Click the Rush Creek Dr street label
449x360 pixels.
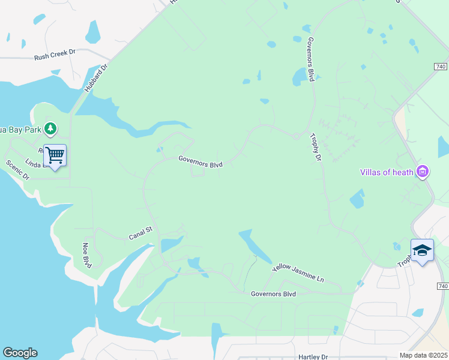click(55, 52)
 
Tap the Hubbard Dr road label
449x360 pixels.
click(95, 78)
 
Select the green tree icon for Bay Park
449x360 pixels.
click(51, 128)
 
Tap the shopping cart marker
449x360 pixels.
click(55, 156)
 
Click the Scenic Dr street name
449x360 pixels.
click(17, 170)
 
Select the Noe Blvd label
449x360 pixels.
click(88, 256)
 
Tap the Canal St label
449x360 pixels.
click(142, 233)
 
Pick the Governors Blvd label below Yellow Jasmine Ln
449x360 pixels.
click(274, 294)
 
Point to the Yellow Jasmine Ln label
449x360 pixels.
click(298, 274)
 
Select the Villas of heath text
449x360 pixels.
click(387, 172)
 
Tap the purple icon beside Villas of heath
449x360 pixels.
click(423, 172)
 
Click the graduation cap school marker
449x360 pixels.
click(422, 251)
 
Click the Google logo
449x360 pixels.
click(20, 353)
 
